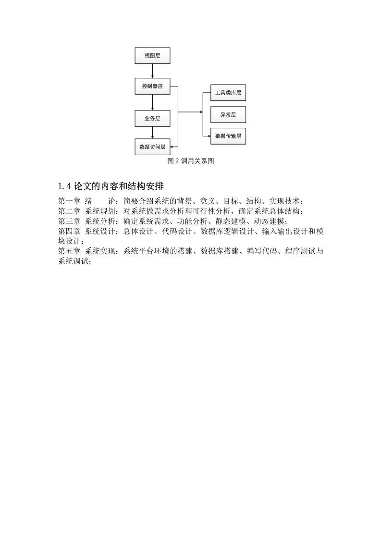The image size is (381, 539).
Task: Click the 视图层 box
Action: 152,56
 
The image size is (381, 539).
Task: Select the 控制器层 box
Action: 152,86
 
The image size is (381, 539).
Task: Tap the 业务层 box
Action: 152,119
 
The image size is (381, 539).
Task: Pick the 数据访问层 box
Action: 152,147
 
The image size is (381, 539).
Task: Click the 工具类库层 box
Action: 228,93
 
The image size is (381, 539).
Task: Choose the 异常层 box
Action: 228,115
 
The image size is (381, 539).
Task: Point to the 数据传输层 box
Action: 228,136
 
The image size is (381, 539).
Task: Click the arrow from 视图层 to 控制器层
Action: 152,71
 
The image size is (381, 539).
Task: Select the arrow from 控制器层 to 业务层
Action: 152,102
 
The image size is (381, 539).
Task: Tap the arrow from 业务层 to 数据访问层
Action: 152,133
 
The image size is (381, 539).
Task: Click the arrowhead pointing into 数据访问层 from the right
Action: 172,147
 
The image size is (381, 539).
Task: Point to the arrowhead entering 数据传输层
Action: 209,136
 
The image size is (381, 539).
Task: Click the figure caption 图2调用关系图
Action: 191,161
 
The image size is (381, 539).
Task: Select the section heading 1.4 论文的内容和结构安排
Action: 111,186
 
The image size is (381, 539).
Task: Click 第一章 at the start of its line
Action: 69,201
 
